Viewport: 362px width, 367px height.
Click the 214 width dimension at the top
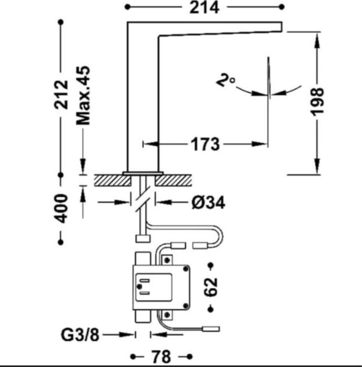204,8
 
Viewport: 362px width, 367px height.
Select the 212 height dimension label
61,94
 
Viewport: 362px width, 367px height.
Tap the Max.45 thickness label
83,95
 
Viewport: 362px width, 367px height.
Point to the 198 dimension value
317,102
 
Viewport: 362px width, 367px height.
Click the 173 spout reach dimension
205,144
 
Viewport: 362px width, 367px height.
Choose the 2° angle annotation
226,80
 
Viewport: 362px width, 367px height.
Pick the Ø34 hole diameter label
208,203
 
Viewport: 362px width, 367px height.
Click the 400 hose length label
61,208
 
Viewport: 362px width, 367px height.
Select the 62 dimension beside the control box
210,287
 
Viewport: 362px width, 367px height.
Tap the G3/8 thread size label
80,335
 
